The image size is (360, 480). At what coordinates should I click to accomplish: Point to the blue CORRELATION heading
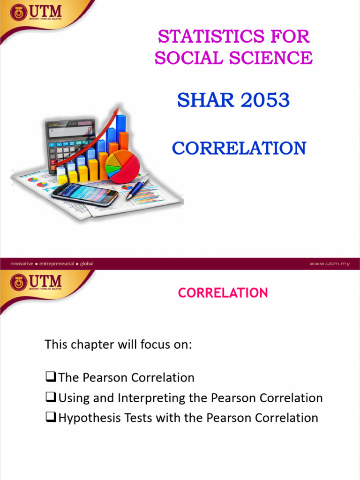[239, 148]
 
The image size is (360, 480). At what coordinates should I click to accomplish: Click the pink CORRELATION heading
[223, 293]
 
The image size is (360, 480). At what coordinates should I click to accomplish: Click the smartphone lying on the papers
[85, 193]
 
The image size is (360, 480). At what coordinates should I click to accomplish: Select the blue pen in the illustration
[137, 187]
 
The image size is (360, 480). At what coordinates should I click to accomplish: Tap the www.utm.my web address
[330, 263]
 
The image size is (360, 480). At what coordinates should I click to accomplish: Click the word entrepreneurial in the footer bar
[56, 263]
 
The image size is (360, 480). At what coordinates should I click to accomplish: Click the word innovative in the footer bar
[22, 263]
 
